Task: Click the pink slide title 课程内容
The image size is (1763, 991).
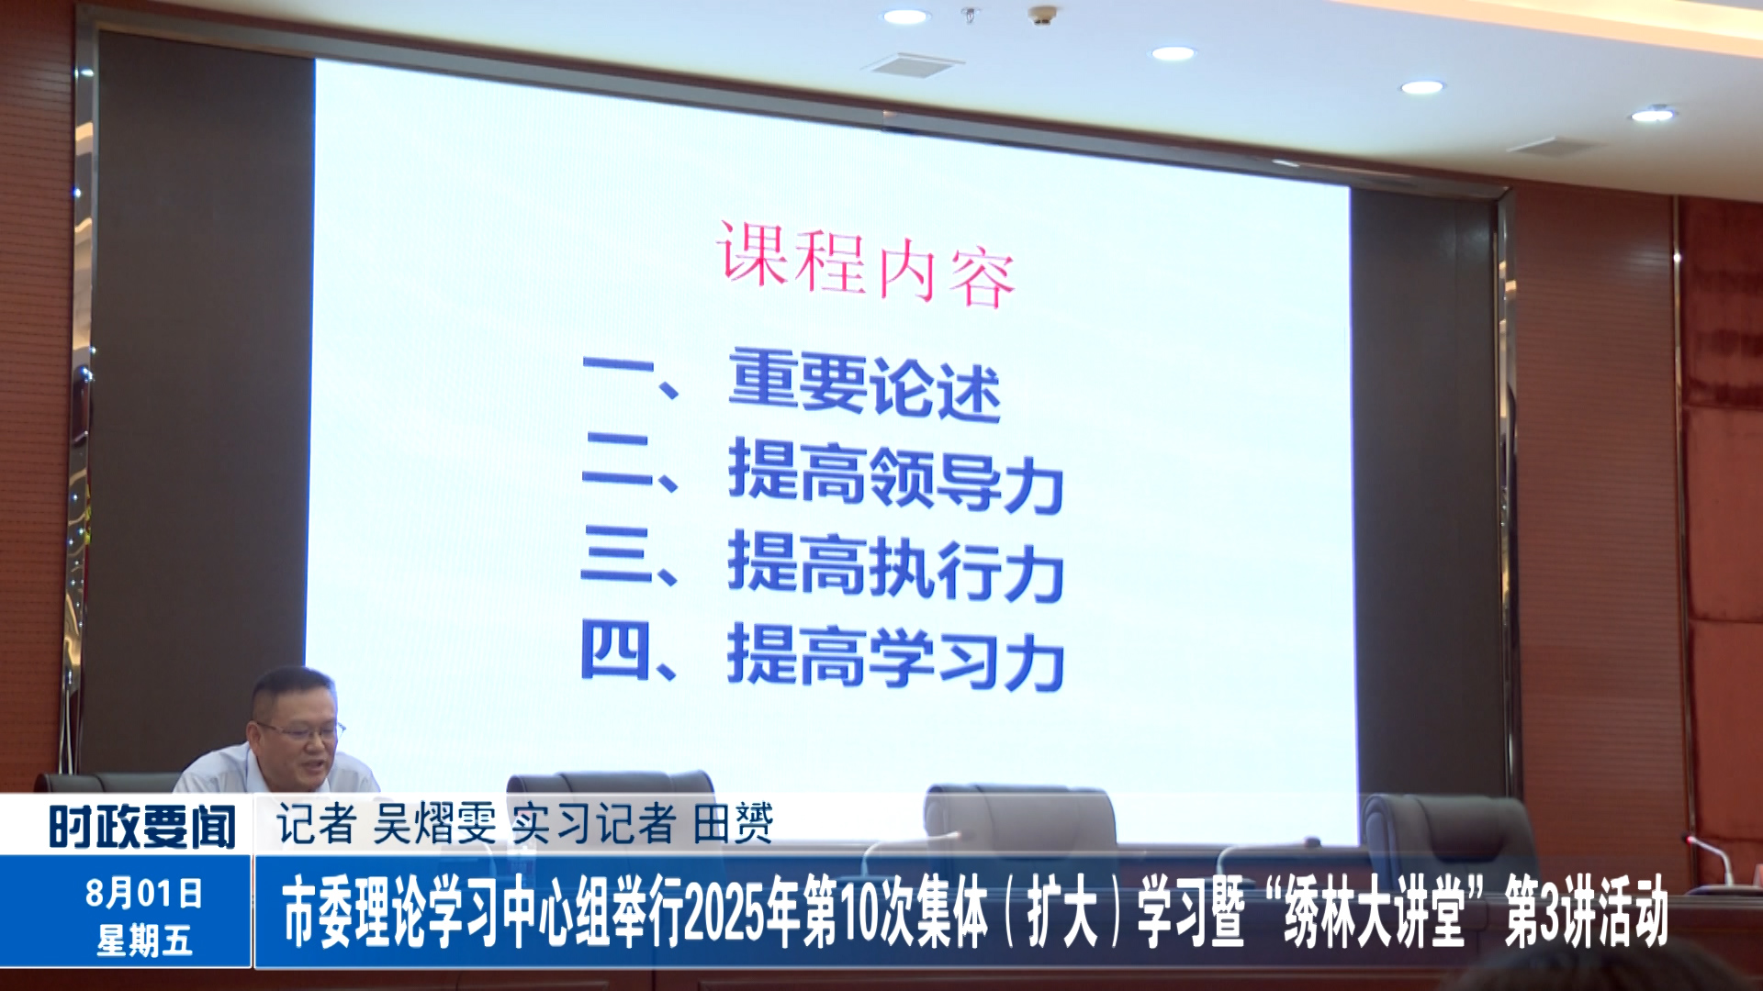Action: click(x=866, y=264)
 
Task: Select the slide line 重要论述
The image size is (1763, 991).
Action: click(x=864, y=385)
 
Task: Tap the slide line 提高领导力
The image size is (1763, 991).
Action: click(x=895, y=474)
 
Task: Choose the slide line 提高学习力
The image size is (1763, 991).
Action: click(x=895, y=656)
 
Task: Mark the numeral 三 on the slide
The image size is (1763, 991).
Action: click(x=616, y=555)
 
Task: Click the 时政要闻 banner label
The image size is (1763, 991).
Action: click(x=142, y=827)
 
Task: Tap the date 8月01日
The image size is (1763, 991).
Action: click(x=144, y=892)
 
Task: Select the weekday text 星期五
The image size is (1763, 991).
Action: click(x=144, y=941)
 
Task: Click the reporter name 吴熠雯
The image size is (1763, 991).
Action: click(x=434, y=823)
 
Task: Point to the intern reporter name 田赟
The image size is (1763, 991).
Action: click(x=733, y=823)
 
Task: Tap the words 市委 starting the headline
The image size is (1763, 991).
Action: click(x=318, y=912)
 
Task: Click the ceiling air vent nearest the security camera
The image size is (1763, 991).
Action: click(x=913, y=65)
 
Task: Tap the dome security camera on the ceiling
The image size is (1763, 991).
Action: click(x=1041, y=15)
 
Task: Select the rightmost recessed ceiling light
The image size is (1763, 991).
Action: click(x=1653, y=115)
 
